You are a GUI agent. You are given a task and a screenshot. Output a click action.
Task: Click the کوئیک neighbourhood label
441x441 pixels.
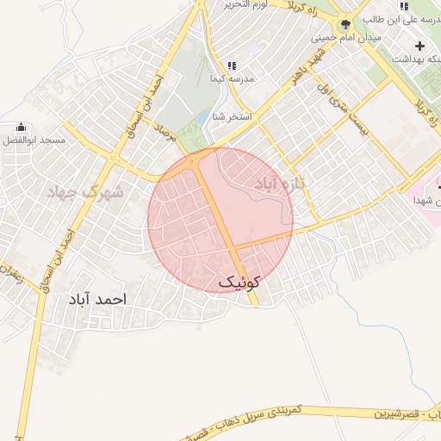(x=239, y=282)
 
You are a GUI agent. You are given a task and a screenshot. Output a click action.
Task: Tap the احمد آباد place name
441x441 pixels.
(x=96, y=300)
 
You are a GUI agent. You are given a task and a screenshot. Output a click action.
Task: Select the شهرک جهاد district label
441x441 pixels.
(x=85, y=191)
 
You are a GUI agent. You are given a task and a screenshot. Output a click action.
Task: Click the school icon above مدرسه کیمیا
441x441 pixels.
(x=232, y=66)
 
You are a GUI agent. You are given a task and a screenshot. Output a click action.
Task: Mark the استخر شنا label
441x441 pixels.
(x=233, y=116)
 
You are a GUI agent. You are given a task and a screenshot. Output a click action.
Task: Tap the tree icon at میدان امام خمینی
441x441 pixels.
(x=345, y=25)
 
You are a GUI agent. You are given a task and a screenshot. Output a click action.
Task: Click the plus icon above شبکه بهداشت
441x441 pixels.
(x=419, y=46)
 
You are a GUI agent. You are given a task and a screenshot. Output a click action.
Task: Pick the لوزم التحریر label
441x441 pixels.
(x=248, y=5)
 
